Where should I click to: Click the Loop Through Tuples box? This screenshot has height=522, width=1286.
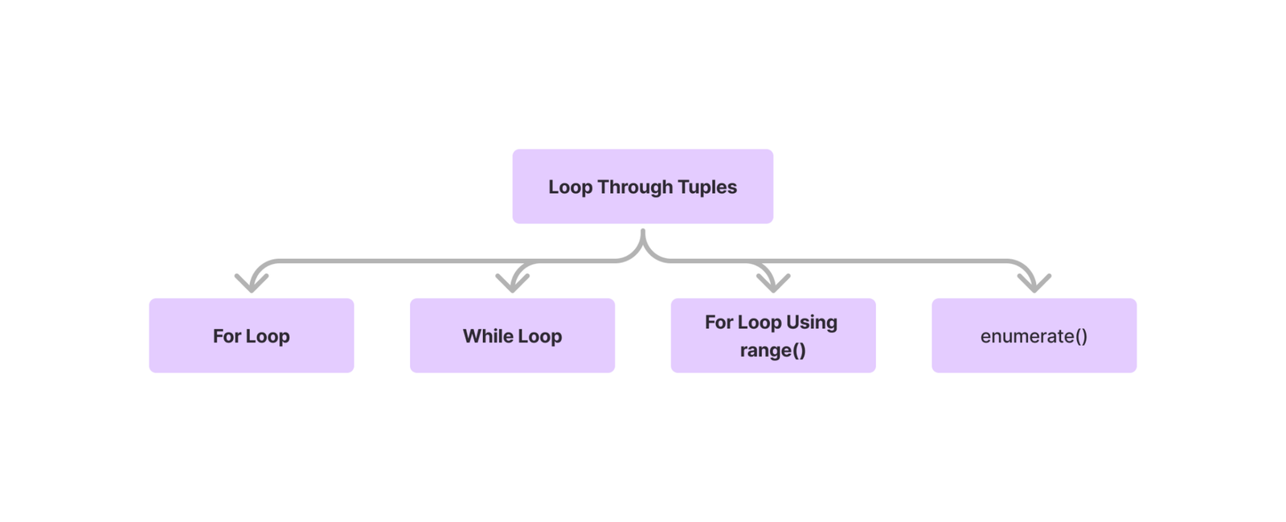point(642,187)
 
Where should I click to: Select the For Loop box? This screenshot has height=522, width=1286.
point(252,335)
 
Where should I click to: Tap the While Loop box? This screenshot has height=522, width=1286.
point(512,335)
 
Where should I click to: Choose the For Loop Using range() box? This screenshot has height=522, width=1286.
point(773,335)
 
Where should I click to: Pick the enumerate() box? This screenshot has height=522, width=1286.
point(1034,335)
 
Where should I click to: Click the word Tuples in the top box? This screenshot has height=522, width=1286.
point(707,187)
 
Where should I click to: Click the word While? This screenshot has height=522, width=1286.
point(487,336)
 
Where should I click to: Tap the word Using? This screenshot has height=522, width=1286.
point(812,323)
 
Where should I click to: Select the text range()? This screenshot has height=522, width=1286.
point(773,351)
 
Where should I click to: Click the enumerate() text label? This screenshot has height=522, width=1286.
point(1034,336)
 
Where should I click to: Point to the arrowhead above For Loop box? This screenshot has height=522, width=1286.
point(252,282)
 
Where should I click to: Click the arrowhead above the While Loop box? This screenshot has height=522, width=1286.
point(512,282)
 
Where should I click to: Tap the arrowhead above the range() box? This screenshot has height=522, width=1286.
point(773,282)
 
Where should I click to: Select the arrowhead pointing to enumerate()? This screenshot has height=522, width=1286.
point(1034,282)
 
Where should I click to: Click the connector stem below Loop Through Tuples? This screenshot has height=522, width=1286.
point(643,241)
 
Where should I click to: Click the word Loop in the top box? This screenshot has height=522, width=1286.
point(571,187)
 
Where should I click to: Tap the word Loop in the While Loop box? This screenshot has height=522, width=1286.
point(539,336)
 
